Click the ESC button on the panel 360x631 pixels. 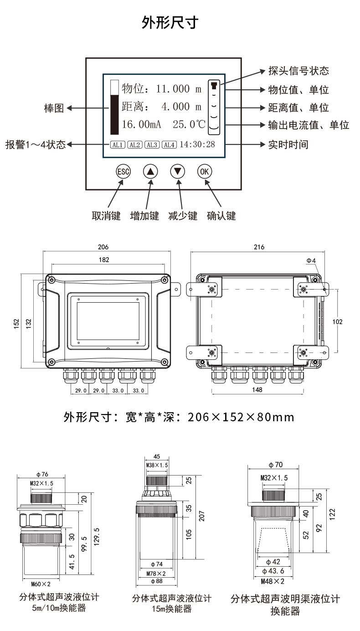coord(123,171)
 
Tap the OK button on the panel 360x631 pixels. coord(205,171)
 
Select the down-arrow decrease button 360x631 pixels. coord(178,171)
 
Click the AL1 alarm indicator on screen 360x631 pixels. coord(117,145)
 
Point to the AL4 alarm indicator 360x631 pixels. coord(169,145)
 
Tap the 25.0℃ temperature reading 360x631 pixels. coord(189,124)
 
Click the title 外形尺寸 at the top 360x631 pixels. coord(170,22)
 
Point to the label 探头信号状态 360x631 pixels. coord(298,71)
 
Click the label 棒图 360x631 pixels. coord(53,109)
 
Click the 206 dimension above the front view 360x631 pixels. coord(103,247)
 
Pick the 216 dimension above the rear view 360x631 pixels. coord(258,247)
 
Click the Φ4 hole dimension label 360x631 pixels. coord(311,260)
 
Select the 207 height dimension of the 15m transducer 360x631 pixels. coord(201,516)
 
